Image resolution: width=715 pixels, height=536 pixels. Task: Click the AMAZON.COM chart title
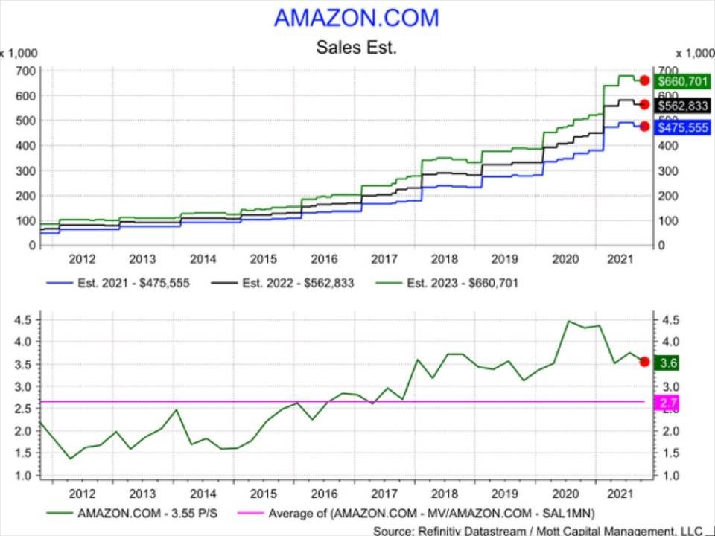click(x=357, y=17)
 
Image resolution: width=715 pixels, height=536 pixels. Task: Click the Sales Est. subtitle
click(x=357, y=48)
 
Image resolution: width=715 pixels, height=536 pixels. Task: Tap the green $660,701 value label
click(x=678, y=80)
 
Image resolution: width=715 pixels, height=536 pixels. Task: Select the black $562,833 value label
click(x=678, y=105)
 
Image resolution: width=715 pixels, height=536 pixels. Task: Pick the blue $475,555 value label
click(x=678, y=127)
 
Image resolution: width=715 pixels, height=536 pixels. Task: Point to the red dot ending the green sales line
click(x=645, y=80)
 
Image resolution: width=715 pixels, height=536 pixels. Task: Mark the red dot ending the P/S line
click(x=645, y=362)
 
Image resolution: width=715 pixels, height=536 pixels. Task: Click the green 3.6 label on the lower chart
click(x=667, y=363)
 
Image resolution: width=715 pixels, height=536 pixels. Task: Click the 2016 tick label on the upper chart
click(x=324, y=259)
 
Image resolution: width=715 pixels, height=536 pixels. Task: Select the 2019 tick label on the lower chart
click(x=506, y=493)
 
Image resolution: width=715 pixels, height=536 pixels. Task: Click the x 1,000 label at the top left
click(x=19, y=54)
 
